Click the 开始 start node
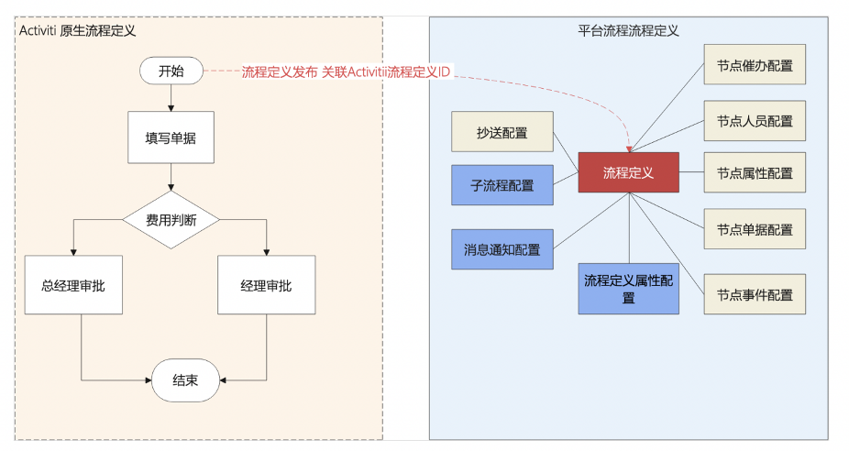[x=171, y=71]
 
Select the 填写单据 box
[x=171, y=137]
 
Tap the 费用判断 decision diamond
[x=171, y=220]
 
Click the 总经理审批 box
[x=73, y=285]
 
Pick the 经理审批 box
[x=266, y=285]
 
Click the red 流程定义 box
[x=628, y=172]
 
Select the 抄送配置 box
[x=502, y=132]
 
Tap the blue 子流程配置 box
[x=502, y=185]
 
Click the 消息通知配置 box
[x=502, y=249]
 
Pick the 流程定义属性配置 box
[x=628, y=289]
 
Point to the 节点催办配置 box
[x=755, y=66]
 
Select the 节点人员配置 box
[x=755, y=120]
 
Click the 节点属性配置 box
[x=755, y=172]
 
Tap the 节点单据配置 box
[x=755, y=229]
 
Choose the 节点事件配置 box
[x=755, y=294]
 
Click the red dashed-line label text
[x=346, y=71]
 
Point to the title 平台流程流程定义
[x=628, y=30]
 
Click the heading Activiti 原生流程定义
[x=78, y=30]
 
